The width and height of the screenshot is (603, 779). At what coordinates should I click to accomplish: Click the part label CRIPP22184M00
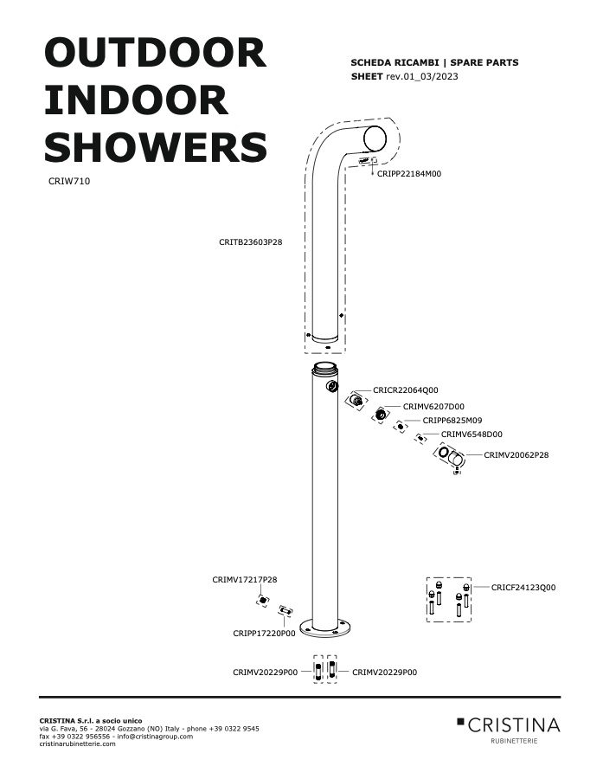(x=409, y=174)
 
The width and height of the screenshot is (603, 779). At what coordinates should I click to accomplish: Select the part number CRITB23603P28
(x=250, y=242)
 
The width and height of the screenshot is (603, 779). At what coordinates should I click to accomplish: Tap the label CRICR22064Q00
(x=405, y=390)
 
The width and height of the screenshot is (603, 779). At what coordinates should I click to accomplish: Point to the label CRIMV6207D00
(x=433, y=407)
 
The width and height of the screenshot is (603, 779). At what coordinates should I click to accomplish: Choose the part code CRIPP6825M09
(x=452, y=421)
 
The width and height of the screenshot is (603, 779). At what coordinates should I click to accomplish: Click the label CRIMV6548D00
(x=471, y=435)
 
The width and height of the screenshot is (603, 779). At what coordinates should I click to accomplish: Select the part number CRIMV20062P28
(x=516, y=455)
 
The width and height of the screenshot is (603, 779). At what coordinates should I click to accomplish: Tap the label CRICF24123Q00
(x=523, y=587)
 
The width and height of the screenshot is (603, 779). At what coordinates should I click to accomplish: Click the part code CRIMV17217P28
(x=244, y=580)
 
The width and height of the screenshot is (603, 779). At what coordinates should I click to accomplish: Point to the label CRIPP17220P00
(x=264, y=634)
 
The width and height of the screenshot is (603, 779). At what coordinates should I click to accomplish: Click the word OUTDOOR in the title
(x=156, y=53)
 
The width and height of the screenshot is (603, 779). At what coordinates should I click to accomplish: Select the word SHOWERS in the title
(x=156, y=146)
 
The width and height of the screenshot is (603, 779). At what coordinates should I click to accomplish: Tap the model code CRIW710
(x=69, y=182)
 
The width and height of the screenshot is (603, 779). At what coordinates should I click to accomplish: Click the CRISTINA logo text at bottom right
(x=514, y=725)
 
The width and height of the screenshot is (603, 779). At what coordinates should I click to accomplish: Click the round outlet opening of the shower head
(x=375, y=138)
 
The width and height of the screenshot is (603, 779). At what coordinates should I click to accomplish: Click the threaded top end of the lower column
(x=324, y=368)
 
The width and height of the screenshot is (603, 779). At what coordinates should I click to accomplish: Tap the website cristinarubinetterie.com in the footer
(x=77, y=744)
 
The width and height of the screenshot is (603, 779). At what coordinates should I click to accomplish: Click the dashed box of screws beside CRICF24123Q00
(x=448, y=600)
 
